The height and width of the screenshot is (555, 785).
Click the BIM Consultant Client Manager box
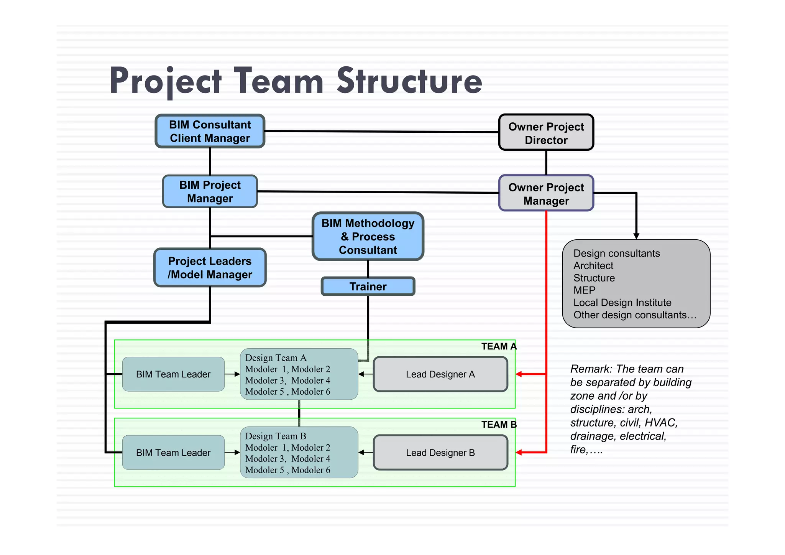click(210, 131)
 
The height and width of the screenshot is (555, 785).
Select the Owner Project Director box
click(546, 133)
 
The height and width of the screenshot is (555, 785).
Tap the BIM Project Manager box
click(210, 191)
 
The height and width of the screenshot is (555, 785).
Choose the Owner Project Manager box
click(546, 193)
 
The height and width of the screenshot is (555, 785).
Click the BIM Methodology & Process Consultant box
click(368, 236)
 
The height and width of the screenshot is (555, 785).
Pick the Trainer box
click(368, 287)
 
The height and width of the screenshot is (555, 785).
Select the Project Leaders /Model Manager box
click(210, 268)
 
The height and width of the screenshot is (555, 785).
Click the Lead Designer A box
click(440, 374)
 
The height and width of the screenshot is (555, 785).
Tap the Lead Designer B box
click(440, 453)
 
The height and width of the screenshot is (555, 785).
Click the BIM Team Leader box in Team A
click(173, 374)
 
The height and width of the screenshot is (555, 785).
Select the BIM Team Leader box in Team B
click(173, 453)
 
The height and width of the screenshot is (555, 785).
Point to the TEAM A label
click(499, 347)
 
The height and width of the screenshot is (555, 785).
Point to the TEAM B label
click(499, 425)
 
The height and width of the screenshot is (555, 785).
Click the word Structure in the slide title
click(409, 81)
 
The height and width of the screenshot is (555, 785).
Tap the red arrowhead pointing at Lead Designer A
click(519, 374)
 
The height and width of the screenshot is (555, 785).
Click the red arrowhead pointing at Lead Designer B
click(519, 453)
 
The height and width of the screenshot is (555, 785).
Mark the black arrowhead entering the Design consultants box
click(636, 236)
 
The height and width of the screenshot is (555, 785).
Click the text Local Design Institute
click(622, 303)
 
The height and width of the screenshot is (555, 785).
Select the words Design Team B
click(276, 436)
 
